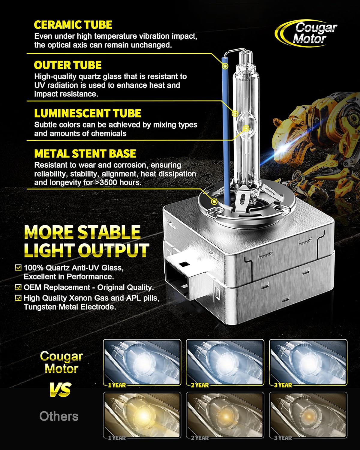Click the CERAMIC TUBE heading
pos(73,25)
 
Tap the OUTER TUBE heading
pos(67,65)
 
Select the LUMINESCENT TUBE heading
pos(87,113)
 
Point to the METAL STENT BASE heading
pos(85,154)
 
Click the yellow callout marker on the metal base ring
pos(214,201)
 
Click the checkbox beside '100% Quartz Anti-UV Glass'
pos(19,267)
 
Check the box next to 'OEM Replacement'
pos(19,287)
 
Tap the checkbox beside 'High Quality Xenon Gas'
pos(19,298)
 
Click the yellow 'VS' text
pos(61,390)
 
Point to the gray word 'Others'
pos(59,416)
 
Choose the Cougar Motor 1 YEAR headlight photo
pos(142,362)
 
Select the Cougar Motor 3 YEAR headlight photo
pos(308,362)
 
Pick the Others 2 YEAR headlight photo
pos(225,415)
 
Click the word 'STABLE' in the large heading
pos(109,232)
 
